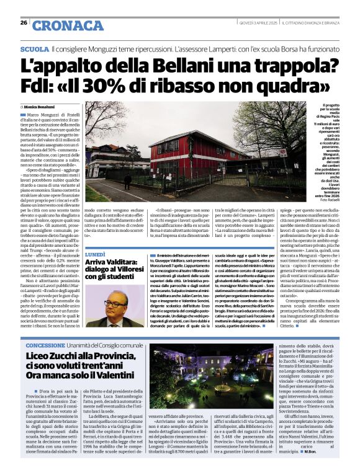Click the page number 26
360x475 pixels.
(23, 23)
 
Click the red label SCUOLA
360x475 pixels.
(34, 48)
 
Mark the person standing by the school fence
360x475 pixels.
(127, 181)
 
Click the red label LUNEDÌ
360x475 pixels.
(97, 254)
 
